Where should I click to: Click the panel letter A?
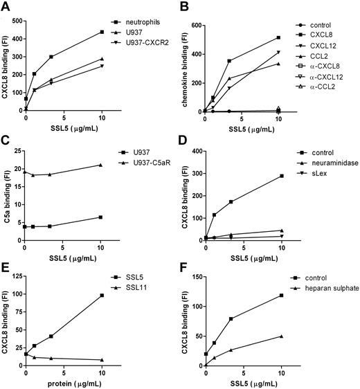pyautogui.click(x=6, y=8)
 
